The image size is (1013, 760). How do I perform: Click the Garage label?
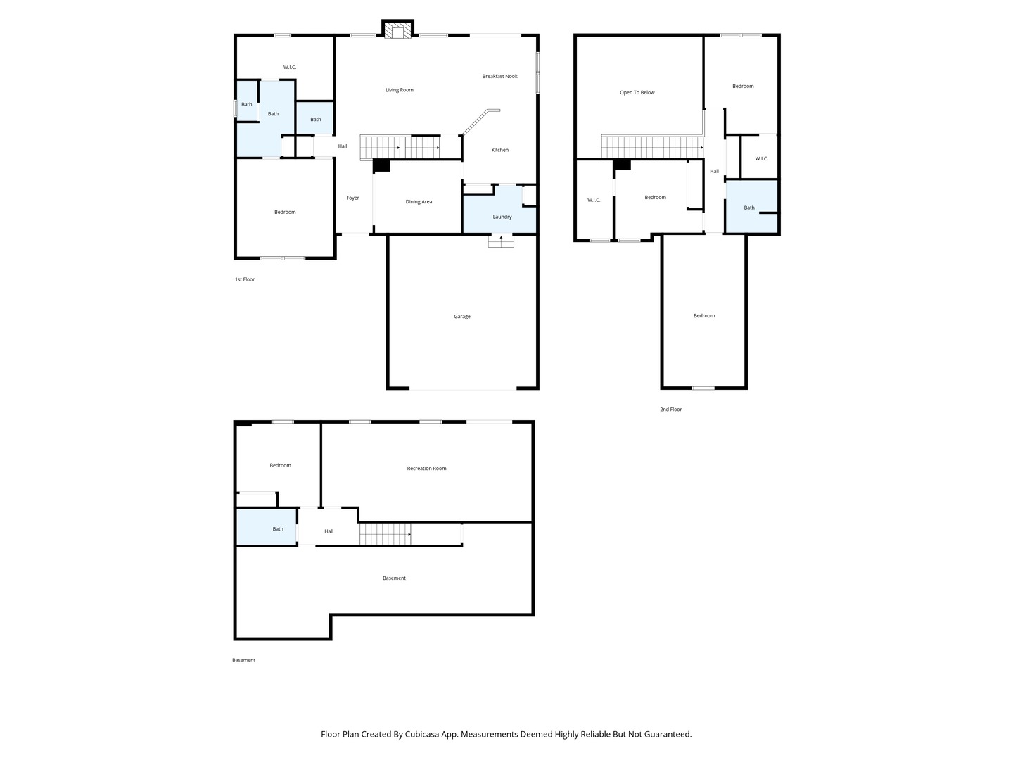461,317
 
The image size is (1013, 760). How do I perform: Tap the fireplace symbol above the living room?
397,30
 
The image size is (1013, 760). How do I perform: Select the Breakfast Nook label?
499,76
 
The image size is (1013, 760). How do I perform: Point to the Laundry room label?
502,217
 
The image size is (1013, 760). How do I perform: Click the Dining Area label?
419,202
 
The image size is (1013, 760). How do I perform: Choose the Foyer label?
352,198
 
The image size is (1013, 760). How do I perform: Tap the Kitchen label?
499,150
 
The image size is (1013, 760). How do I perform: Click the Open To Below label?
637,93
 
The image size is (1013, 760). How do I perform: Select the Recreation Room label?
426,469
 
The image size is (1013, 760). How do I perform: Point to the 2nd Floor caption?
670,410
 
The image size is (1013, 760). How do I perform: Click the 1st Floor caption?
245,279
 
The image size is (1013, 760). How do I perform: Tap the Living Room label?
399,90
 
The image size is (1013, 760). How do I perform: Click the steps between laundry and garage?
501,241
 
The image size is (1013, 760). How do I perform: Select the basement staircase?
386,534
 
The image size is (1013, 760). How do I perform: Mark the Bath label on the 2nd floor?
749,208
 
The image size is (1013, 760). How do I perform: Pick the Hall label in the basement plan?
329,531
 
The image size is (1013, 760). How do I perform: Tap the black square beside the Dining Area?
381,165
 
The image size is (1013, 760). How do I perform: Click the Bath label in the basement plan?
277,528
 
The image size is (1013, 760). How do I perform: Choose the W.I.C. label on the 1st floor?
289,68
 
